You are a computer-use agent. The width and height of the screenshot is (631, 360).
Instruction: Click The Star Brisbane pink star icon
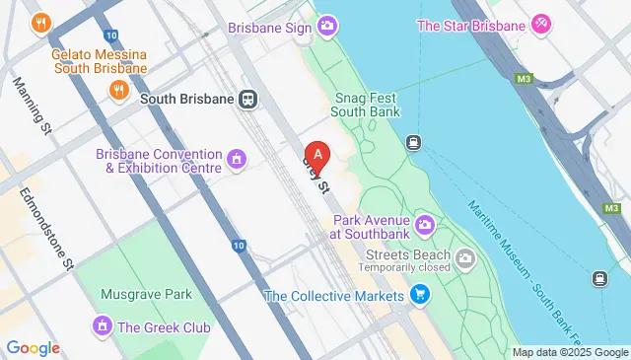coord(541,24)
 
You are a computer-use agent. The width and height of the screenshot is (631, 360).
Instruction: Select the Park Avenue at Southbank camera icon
coord(425,225)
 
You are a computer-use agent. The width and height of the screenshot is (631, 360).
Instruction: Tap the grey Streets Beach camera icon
coord(464,258)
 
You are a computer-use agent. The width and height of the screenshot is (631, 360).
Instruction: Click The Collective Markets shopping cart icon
coord(421,294)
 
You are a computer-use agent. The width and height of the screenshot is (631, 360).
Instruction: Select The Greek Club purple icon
coord(102,325)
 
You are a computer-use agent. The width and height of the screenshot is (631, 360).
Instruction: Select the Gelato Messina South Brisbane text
coord(100,60)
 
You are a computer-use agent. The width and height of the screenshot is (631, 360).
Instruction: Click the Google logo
coord(34,347)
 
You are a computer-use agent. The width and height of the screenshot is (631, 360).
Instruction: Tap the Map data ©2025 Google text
coord(569,352)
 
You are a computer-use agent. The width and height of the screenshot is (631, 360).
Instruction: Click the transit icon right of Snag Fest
coord(414,142)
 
